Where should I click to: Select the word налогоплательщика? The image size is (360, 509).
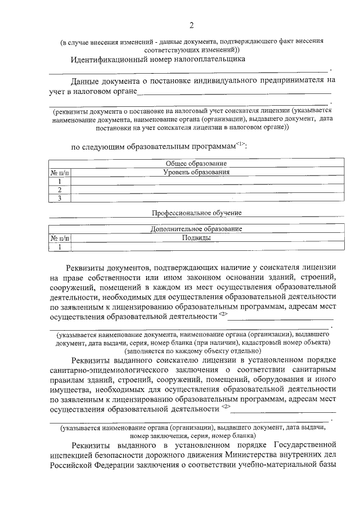pyautogui.click(x=204, y=58)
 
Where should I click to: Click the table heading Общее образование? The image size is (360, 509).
pyautogui.click(x=196, y=163)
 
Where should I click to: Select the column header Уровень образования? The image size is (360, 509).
pyautogui.click(x=196, y=172)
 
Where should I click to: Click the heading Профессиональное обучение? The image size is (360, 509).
pyautogui.click(x=196, y=213)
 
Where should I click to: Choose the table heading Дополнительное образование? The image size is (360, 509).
pyautogui.click(x=196, y=229)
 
